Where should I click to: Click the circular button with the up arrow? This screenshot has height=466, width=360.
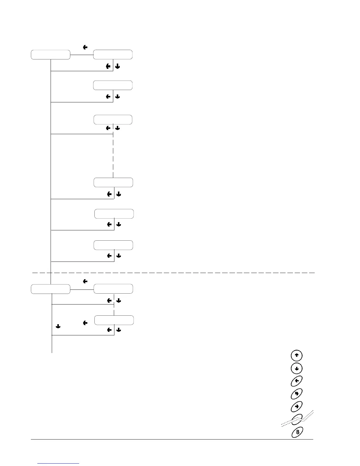296,356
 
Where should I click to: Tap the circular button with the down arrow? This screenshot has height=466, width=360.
296,368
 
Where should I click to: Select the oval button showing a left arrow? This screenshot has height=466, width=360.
297,381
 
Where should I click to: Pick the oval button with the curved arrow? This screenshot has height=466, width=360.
297,394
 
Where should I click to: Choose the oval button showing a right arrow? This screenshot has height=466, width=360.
297,407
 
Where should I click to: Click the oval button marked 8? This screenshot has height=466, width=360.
297,432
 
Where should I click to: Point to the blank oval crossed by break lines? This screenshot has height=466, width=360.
297,419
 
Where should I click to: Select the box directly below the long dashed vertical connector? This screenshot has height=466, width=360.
113,182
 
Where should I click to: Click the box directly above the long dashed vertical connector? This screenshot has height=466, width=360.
113,120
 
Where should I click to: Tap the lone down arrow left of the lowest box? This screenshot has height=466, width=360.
58,326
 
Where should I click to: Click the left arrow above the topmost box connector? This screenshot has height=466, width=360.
85,47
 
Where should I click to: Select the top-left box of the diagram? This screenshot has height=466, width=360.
51,55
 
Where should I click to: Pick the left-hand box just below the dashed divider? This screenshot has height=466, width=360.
51,289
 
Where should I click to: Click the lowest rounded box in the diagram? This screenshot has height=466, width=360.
114,320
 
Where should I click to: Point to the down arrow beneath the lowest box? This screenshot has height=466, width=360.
119,330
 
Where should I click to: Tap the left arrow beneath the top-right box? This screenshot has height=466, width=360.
108,66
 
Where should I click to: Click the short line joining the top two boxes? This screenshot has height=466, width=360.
82,55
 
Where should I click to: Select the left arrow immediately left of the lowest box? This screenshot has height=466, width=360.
85,323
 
